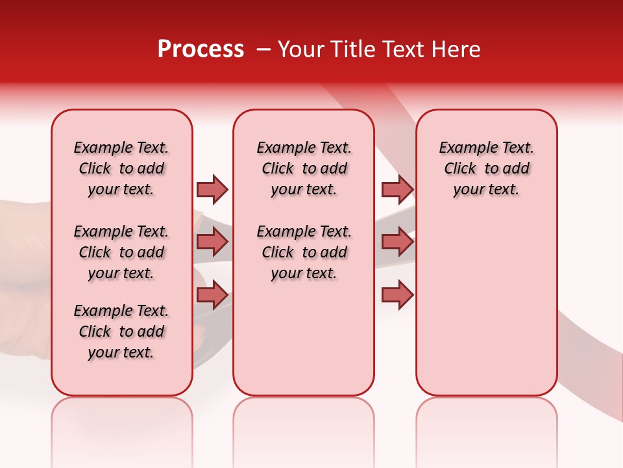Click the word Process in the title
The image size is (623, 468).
(x=201, y=49)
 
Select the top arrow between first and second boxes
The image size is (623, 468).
(x=212, y=189)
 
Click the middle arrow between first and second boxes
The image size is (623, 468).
(x=212, y=242)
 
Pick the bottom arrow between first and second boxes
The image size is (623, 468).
(x=212, y=296)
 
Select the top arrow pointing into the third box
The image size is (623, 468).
(x=397, y=189)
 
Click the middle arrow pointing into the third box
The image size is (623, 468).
(x=397, y=242)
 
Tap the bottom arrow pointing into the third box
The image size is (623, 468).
(x=397, y=296)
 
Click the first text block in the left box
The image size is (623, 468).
(x=121, y=168)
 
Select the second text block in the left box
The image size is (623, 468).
(x=121, y=252)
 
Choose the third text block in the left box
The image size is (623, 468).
(x=121, y=331)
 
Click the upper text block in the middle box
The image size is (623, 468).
(x=304, y=168)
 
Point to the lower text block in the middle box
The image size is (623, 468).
(x=304, y=252)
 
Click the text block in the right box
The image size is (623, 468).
(x=486, y=168)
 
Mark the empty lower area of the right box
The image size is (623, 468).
(x=486, y=305)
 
